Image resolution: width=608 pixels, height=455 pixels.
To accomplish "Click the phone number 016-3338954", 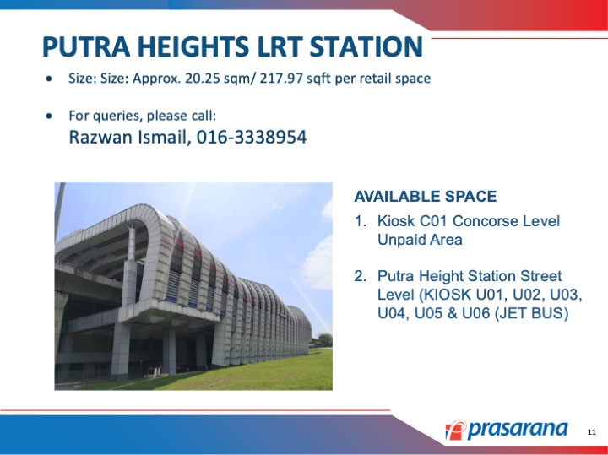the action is (x=252, y=138).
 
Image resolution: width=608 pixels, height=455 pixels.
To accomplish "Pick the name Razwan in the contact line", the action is (x=101, y=138).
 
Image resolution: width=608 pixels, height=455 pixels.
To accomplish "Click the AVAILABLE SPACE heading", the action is (x=426, y=197).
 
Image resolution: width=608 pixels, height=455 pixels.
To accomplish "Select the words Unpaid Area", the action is (x=420, y=240).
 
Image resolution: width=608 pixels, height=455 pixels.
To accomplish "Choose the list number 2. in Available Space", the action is (x=361, y=276).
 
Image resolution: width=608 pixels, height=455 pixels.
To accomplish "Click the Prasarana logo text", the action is (x=518, y=429).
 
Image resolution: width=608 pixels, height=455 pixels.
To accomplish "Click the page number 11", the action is (x=592, y=432).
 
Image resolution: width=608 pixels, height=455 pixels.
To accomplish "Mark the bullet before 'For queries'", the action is (x=49, y=116).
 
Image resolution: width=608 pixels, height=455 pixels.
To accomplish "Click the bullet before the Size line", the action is (x=49, y=79).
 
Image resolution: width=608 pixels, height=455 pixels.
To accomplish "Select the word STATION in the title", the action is (x=366, y=46).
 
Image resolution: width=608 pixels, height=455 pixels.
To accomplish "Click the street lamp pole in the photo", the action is (x=59, y=211).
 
